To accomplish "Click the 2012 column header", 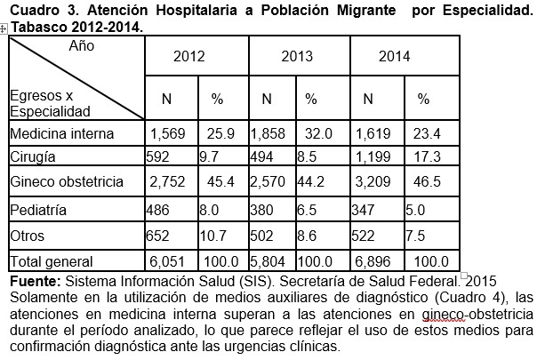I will pyautogui.click(x=189, y=55).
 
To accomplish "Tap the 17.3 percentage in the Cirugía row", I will pyautogui.click(x=417, y=156).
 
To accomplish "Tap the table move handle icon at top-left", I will pyautogui.click(x=4, y=29).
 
